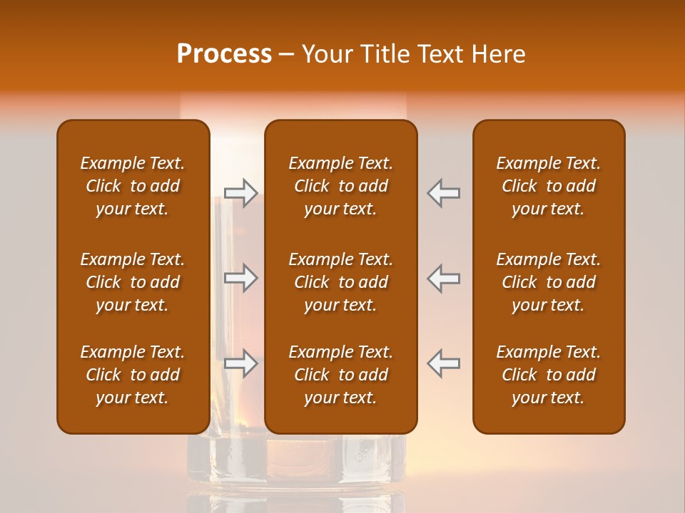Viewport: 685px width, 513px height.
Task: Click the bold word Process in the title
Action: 224,53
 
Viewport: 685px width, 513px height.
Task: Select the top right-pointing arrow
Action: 240,193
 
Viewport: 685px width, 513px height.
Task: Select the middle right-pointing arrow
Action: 240,278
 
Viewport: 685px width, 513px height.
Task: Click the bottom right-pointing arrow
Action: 240,363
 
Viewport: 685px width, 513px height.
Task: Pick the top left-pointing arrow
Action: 443,193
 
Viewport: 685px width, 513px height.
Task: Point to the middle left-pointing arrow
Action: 443,278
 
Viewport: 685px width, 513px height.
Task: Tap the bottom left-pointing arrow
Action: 443,363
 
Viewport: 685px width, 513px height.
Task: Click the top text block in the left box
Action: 133,186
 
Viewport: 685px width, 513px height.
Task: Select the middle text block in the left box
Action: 133,282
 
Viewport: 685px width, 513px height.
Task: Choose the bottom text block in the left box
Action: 133,375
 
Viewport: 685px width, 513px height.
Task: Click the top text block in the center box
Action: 340,186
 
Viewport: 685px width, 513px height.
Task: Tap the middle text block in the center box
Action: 340,282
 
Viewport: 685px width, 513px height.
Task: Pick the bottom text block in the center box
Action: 340,375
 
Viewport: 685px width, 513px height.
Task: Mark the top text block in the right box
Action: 548,186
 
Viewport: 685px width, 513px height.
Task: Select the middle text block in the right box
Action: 548,282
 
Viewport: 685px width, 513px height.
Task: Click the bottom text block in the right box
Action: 548,375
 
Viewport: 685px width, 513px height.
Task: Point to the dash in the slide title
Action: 286,55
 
